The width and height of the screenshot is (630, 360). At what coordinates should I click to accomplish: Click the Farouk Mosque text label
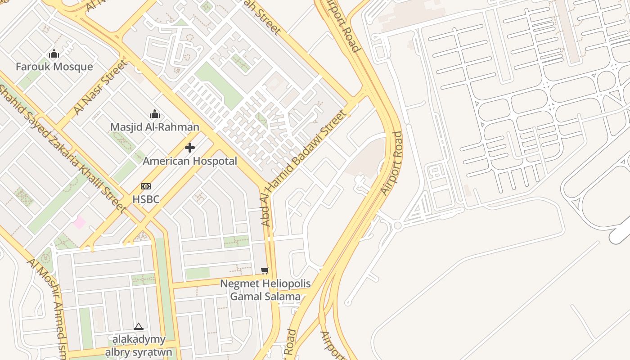coord(54,67)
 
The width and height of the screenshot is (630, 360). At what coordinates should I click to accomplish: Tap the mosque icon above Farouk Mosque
coord(54,54)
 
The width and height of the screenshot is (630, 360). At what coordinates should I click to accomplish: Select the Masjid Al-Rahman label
coord(154,127)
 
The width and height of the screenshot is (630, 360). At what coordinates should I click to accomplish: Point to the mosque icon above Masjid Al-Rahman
coord(155,114)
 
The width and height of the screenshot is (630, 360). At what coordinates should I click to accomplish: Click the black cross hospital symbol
coord(190,147)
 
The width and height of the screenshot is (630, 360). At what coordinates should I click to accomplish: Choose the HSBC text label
coord(146,199)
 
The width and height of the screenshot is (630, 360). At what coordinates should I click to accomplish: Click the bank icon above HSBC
coord(146,186)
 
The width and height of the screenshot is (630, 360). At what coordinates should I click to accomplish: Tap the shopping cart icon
coord(265,270)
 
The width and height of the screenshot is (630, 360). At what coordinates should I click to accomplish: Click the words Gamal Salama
coord(265,297)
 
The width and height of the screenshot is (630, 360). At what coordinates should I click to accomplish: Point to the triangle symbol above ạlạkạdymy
coord(139,326)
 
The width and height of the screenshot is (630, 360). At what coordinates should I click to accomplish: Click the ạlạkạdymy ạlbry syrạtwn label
coord(139,346)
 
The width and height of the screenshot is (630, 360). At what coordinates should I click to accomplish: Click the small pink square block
coord(79,222)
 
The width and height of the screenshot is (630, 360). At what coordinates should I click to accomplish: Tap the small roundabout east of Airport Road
coord(397,225)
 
